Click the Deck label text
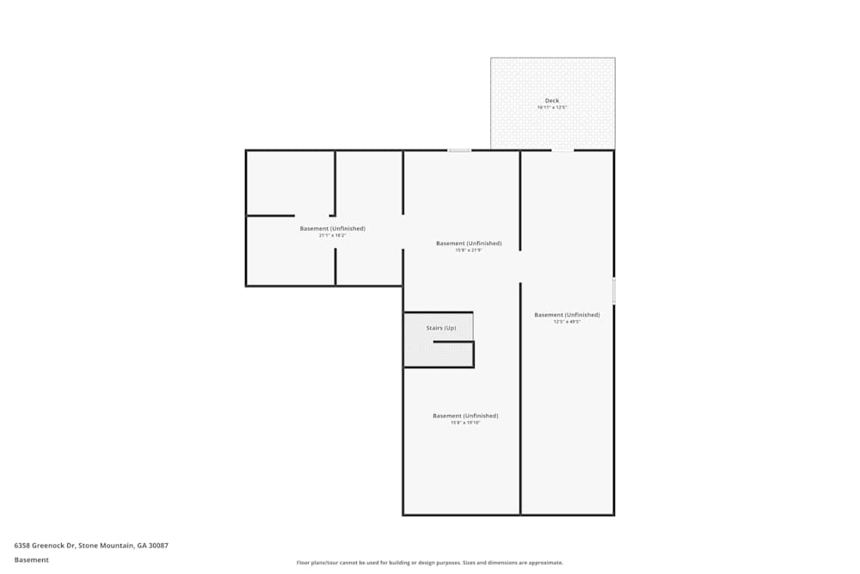pyautogui.click(x=552, y=101)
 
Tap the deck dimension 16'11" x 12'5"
pyautogui.click(x=552, y=108)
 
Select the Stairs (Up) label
pyautogui.click(x=441, y=328)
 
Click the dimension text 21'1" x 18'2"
pyautogui.click(x=332, y=235)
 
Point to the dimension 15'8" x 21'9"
pyautogui.click(x=468, y=250)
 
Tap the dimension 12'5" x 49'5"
pyautogui.click(x=567, y=322)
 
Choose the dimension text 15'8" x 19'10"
pyautogui.click(x=465, y=423)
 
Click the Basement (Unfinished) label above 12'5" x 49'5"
pyautogui.click(x=567, y=315)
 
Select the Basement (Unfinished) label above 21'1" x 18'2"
pyautogui.click(x=332, y=228)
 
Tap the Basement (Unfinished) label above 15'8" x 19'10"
pyautogui.click(x=465, y=416)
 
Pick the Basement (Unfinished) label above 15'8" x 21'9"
pyautogui.click(x=468, y=243)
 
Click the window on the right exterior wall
pyautogui.click(x=614, y=290)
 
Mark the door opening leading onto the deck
pyautogui.click(x=562, y=151)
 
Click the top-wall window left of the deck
pyautogui.click(x=459, y=151)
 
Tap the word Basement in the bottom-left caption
pyautogui.click(x=32, y=559)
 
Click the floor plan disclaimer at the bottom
pyautogui.click(x=430, y=563)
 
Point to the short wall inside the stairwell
pyautogui.click(x=453, y=342)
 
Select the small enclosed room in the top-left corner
pyautogui.click(x=290, y=182)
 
